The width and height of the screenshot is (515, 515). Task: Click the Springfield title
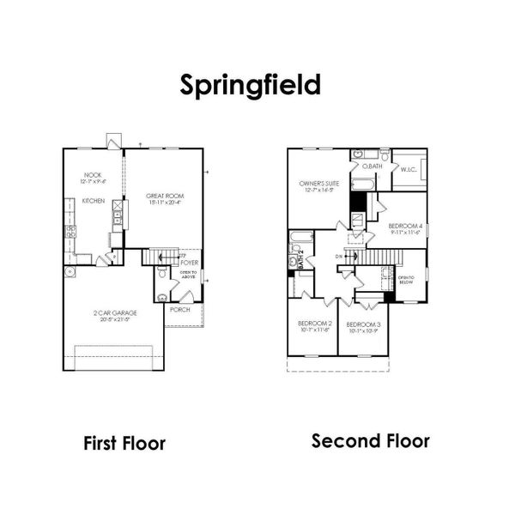pyautogui.click(x=251, y=85)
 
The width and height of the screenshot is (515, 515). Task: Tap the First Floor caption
pyautogui.click(x=124, y=443)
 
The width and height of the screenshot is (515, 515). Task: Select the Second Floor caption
pyautogui.click(x=370, y=441)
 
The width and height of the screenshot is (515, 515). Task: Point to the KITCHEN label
pyautogui.click(x=94, y=200)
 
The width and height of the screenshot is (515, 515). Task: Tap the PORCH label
pyautogui.click(x=180, y=309)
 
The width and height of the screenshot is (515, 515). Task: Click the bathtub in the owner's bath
pyautogui.click(x=365, y=183)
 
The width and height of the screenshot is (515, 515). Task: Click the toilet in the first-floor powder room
pyautogui.click(x=162, y=297)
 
